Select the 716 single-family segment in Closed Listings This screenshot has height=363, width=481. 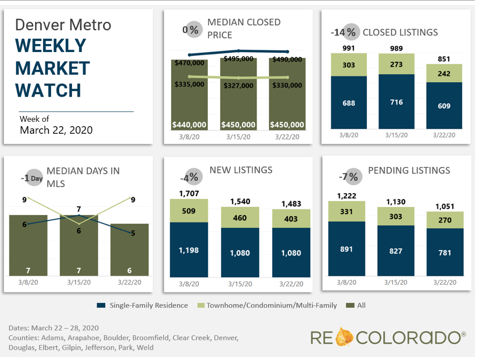point(396,102)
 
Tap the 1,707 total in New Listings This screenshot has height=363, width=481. point(189,193)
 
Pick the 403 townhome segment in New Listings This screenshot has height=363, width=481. point(291,218)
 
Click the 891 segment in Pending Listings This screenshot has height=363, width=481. point(346,249)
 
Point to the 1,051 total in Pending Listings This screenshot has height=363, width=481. point(445,206)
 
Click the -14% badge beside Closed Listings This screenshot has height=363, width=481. point(344,33)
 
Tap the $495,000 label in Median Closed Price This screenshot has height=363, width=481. point(239,58)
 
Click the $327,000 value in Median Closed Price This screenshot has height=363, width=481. point(239,84)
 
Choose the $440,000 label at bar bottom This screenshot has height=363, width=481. point(189,125)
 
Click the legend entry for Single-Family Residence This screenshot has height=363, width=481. point(142,306)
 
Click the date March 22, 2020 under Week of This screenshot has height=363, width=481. point(56,130)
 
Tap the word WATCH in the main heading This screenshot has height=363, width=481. point(48,90)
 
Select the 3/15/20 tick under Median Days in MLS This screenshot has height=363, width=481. point(79,282)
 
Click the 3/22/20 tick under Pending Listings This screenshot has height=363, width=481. point(445,282)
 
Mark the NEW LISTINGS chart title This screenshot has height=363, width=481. point(241,170)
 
